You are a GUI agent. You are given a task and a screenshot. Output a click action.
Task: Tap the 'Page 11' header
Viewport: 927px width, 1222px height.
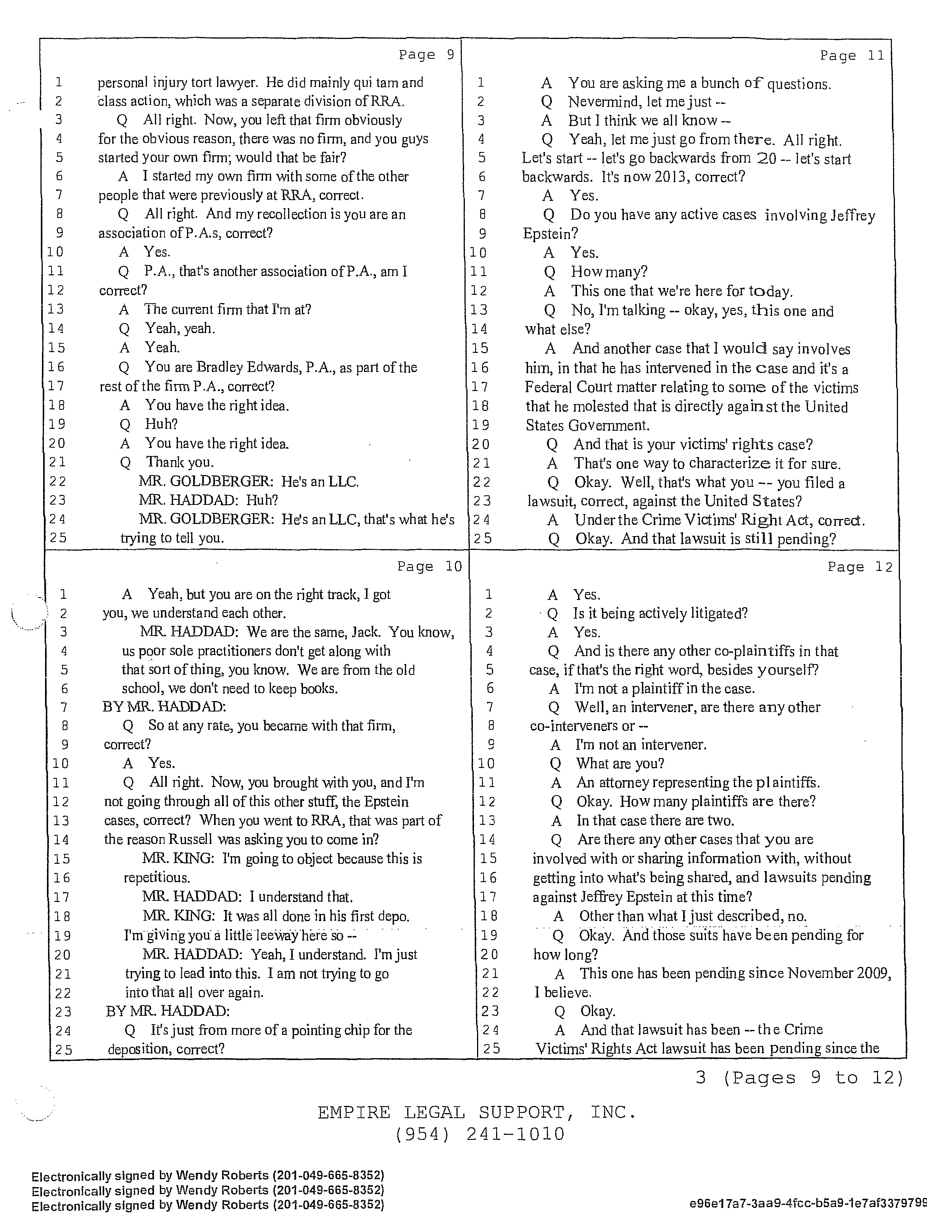pos(852,56)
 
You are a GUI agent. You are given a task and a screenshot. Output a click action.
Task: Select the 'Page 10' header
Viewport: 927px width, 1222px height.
pos(429,567)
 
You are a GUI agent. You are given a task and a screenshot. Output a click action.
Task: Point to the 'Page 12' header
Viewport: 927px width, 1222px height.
pos(860,567)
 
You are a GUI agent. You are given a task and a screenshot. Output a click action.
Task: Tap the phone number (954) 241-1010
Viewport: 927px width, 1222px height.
pos(480,1134)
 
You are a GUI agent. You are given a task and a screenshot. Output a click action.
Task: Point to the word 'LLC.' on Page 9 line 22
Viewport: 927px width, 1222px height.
pos(343,482)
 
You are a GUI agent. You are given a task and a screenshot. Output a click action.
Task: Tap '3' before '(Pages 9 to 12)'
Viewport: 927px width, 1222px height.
pos(701,1078)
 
